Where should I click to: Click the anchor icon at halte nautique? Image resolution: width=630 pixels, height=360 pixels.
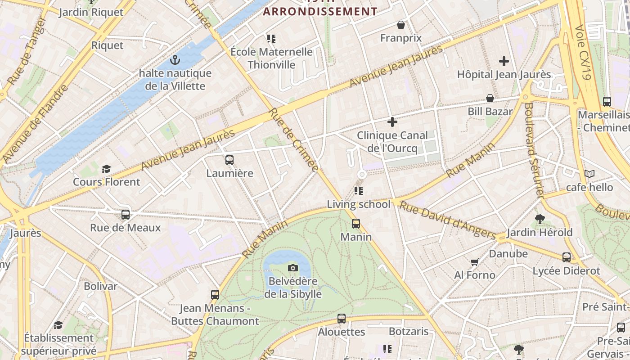pyautogui.click(x=175, y=60)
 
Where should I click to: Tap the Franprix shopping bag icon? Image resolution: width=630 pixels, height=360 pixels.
pyautogui.click(x=401, y=25)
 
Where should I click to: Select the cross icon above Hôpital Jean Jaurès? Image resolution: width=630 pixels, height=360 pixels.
pyautogui.click(x=504, y=61)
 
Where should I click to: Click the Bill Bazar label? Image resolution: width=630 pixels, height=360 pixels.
pyautogui.click(x=490, y=111)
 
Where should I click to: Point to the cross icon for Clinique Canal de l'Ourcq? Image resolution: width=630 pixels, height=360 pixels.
pyautogui.click(x=392, y=121)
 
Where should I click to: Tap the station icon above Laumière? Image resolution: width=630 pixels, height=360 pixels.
pyautogui.click(x=229, y=160)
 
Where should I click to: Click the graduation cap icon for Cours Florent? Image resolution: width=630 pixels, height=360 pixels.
pyautogui.click(x=106, y=169)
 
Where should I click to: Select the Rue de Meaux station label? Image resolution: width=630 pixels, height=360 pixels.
pyautogui.click(x=125, y=227)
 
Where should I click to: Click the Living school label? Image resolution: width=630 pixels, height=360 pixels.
pyautogui.click(x=359, y=204)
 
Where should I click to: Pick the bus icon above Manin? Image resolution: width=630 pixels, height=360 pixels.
pyautogui.click(x=356, y=223)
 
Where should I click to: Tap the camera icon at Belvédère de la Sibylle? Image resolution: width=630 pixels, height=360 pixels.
pyautogui.click(x=293, y=268)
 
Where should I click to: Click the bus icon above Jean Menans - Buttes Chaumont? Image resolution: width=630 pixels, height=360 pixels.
pyautogui.click(x=215, y=295)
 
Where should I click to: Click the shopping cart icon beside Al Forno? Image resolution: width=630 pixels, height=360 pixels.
pyautogui.click(x=474, y=262)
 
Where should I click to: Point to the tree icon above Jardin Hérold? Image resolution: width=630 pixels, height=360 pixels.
pyautogui.click(x=540, y=219)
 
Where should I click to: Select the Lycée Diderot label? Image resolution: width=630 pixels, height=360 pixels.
pyautogui.click(x=566, y=270)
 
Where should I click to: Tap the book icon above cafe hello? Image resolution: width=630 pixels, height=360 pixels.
pyautogui.click(x=589, y=174)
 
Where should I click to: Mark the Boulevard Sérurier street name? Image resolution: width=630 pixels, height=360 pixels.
pyautogui.click(x=534, y=150)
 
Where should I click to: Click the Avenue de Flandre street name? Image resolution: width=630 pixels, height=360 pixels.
pyautogui.click(x=35, y=124)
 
